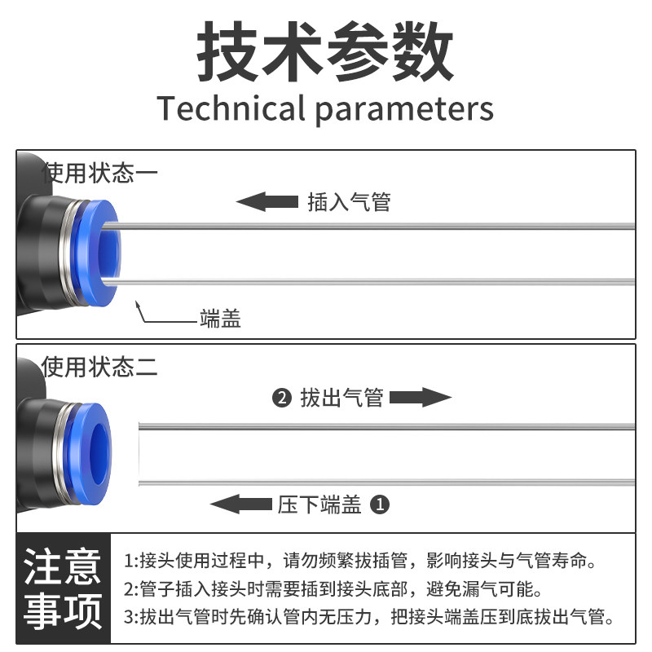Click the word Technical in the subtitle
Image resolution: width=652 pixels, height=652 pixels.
[x=231, y=108]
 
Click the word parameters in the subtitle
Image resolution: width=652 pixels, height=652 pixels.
[x=404, y=109]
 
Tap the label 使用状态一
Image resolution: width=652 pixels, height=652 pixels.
[x=99, y=173]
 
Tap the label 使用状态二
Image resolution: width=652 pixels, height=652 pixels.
[x=99, y=367]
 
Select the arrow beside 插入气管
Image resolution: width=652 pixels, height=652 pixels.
[x=267, y=200]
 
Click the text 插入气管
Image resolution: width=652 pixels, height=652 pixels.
[x=349, y=201]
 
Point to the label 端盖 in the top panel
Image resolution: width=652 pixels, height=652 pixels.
[x=220, y=319]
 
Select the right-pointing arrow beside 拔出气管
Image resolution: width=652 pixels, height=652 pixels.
[x=420, y=398]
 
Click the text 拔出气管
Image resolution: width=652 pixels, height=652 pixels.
[x=341, y=399]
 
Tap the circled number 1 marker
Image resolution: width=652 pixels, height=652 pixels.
[x=380, y=505]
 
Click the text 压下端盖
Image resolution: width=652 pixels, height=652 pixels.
[x=319, y=505]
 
